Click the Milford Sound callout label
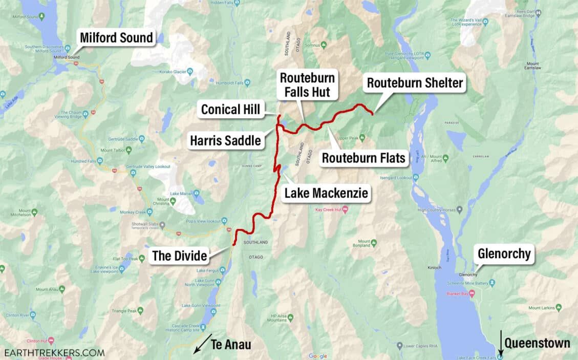116,37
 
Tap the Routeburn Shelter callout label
415,83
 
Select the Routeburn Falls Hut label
307,85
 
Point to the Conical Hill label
230,109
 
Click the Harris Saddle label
225,140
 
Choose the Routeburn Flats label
363,158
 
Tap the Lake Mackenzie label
326,193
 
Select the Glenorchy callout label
504,253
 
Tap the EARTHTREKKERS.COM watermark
54,352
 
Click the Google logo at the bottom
317,356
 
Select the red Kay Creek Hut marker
345,209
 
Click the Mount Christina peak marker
173,201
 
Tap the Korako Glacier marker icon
190,72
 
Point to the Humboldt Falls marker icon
247,82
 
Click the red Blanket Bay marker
472,293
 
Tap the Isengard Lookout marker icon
416,178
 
